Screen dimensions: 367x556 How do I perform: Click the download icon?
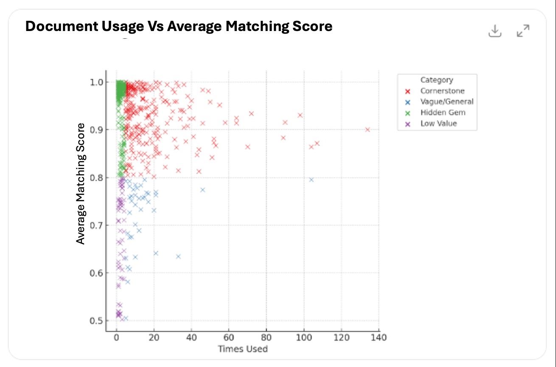495,31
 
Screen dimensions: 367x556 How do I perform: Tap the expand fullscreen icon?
523,31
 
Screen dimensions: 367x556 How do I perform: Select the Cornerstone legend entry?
442,91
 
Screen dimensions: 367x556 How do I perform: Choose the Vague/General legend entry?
446,102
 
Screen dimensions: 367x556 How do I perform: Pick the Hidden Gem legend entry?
443,113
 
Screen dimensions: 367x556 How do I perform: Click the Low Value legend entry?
438,124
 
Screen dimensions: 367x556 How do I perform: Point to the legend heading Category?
437,80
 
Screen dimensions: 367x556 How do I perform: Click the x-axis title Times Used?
243,349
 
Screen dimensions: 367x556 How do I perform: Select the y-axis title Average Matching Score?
81,184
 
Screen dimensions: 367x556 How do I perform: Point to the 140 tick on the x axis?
379,338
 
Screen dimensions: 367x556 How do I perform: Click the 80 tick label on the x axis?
266,338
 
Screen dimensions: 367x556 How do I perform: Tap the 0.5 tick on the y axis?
97,321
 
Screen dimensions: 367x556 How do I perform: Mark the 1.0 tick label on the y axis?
97,82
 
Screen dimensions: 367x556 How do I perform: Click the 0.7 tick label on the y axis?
97,225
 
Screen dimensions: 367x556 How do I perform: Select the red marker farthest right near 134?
368,130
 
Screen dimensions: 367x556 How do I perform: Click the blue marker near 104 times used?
311,180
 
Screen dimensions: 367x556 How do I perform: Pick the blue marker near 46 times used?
202,190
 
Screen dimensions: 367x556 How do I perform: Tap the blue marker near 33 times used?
178,257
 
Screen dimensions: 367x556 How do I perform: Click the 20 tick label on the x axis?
154,338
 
